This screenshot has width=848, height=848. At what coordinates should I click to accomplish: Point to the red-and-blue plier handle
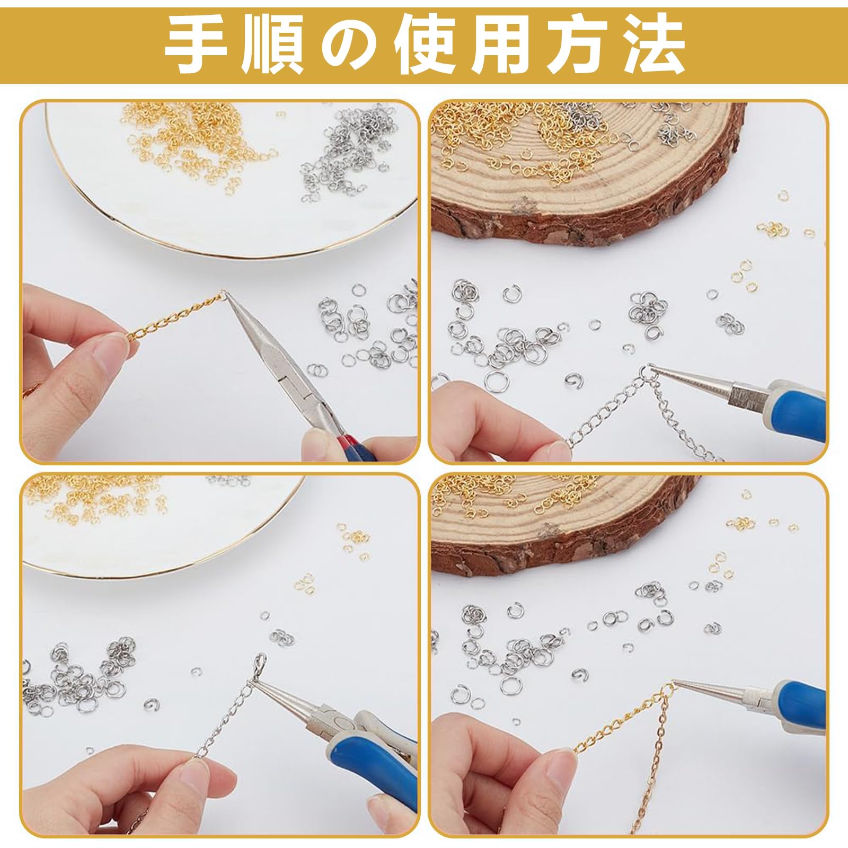click(360, 445)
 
